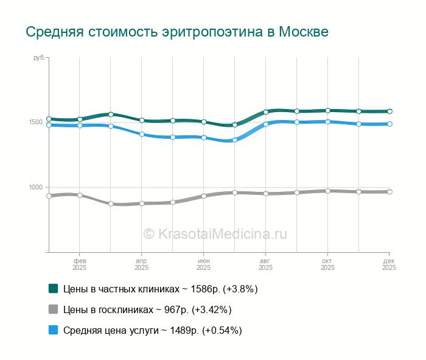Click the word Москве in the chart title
(304, 32)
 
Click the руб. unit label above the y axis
(38, 57)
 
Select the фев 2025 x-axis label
(79, 264)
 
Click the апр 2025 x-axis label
(141, 264)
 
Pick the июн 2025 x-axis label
(203, 264)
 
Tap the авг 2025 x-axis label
(265, 264)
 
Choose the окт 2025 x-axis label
(327, 264)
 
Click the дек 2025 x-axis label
(388, 264)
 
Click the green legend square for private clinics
(53, 289)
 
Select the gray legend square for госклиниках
(53, 309)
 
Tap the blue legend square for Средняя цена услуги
(53, 330)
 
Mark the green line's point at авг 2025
(266, 112)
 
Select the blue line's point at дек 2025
(389, 124)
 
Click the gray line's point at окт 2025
(327, 191)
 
